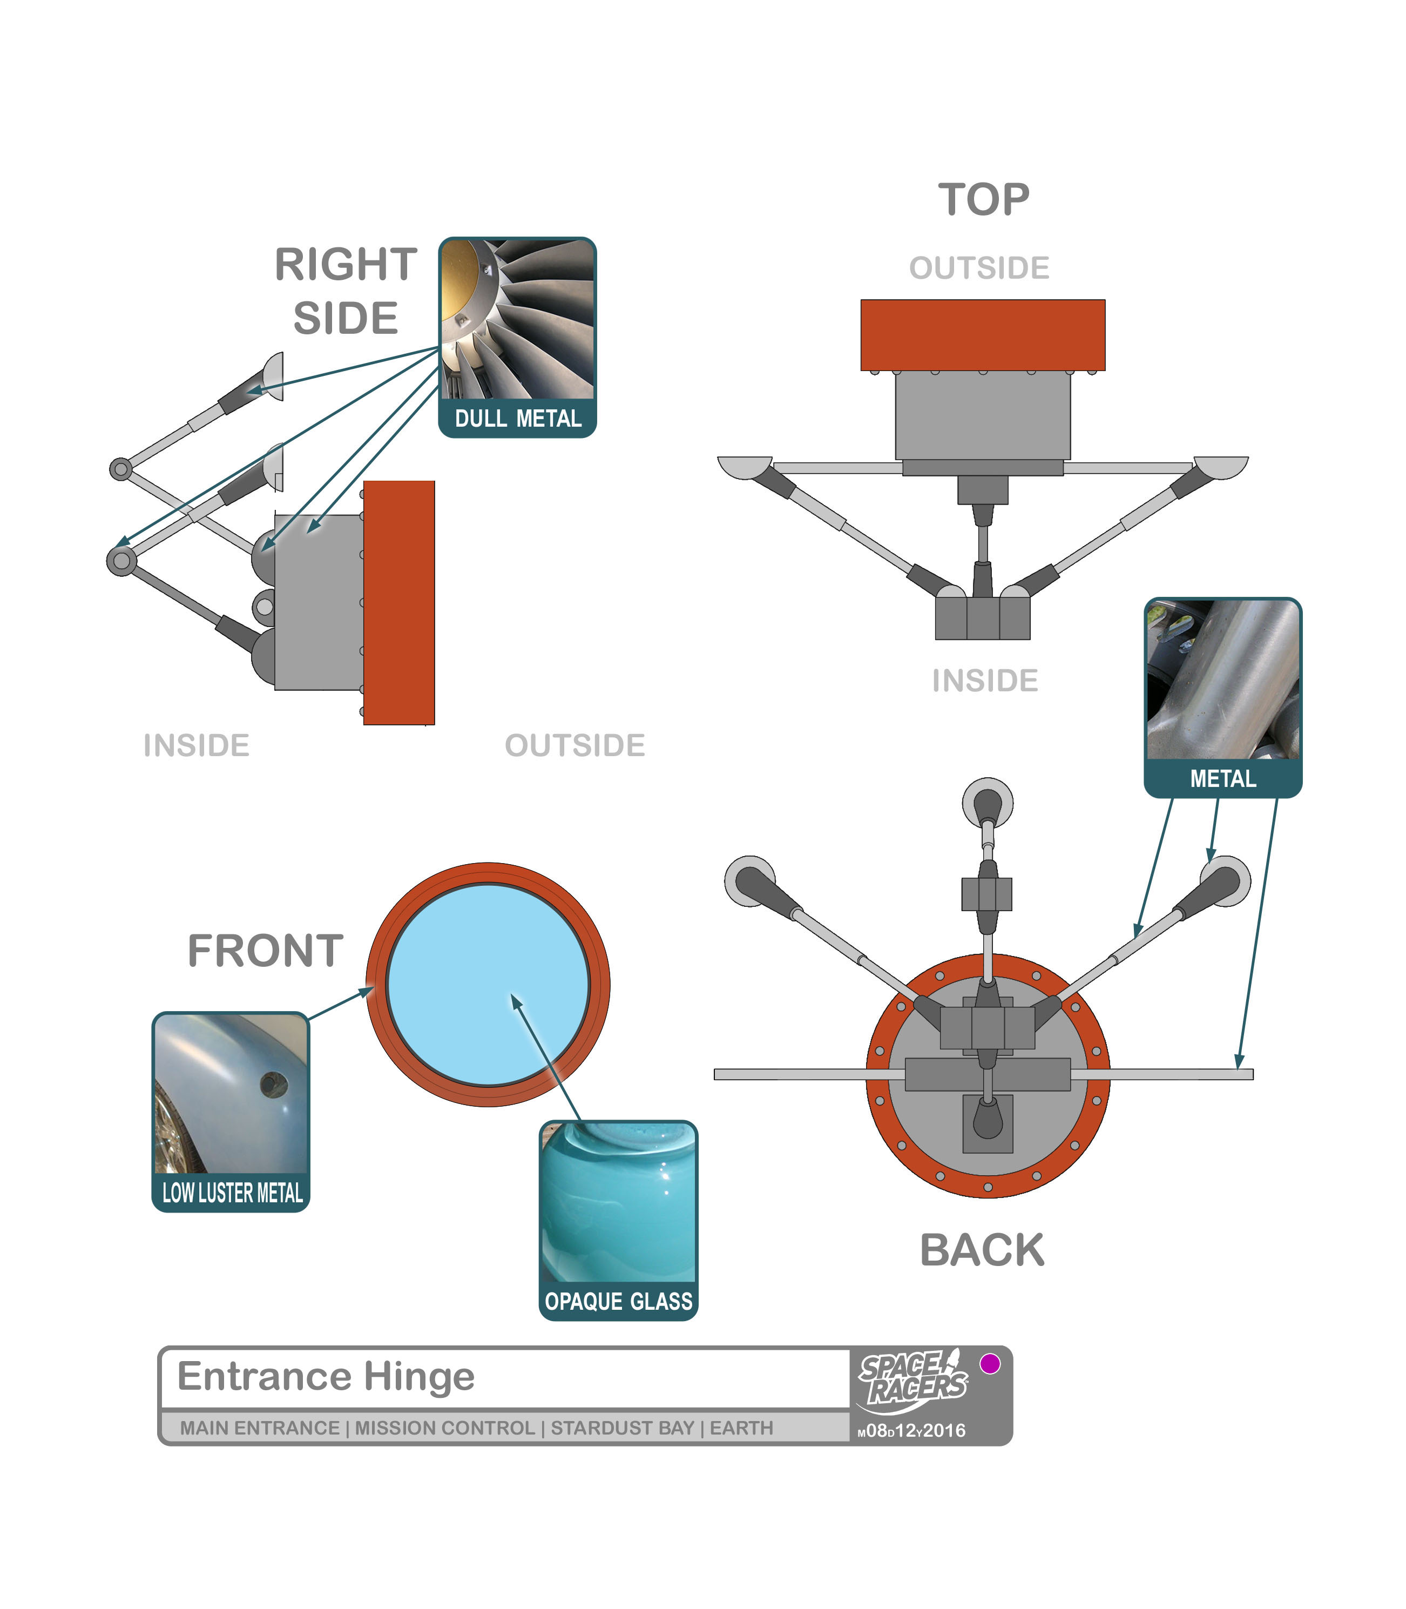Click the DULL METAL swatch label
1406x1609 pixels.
click(x=518, y=419)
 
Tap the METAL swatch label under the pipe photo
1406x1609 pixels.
click(x=1222, y=779)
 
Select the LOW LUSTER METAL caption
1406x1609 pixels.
click(x=232, y=1193)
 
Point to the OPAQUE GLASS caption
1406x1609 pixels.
click(x=618, y=1301)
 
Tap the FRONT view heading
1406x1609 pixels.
click(x=265, y=951)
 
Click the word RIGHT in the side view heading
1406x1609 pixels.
click(x=345, y=265)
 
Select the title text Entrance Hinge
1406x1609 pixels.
click(x=326, y=1376)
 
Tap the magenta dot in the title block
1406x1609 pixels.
click(x=990, y=1363)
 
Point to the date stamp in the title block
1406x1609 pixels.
click(x=912, y=1430)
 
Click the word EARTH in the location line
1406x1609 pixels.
click(x=741, y=1428)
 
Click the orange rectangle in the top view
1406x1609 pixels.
click(x=982, y=334)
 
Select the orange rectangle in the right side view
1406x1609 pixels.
click(x=398, y=602)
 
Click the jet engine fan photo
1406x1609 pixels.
click(x=518, y=319)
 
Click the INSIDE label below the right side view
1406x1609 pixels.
click(x=196, y=745)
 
